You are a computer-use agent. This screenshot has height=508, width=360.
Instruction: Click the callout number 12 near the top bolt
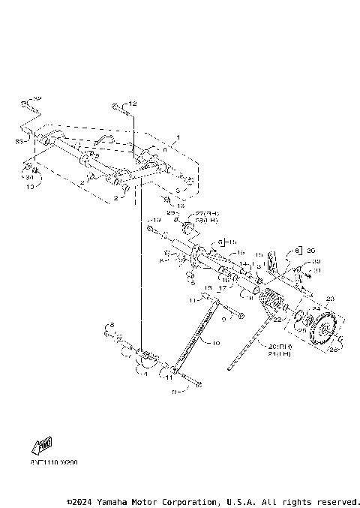point(133,103)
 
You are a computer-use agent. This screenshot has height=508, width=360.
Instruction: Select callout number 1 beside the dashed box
point(178,138)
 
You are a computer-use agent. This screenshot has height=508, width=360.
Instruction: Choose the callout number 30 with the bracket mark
point(310,251)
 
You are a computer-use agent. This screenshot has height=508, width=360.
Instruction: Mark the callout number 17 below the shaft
point(223,287)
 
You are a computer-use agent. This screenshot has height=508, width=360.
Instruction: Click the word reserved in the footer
point(338,500)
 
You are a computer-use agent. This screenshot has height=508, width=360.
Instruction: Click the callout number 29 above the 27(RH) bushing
point(170,214)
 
